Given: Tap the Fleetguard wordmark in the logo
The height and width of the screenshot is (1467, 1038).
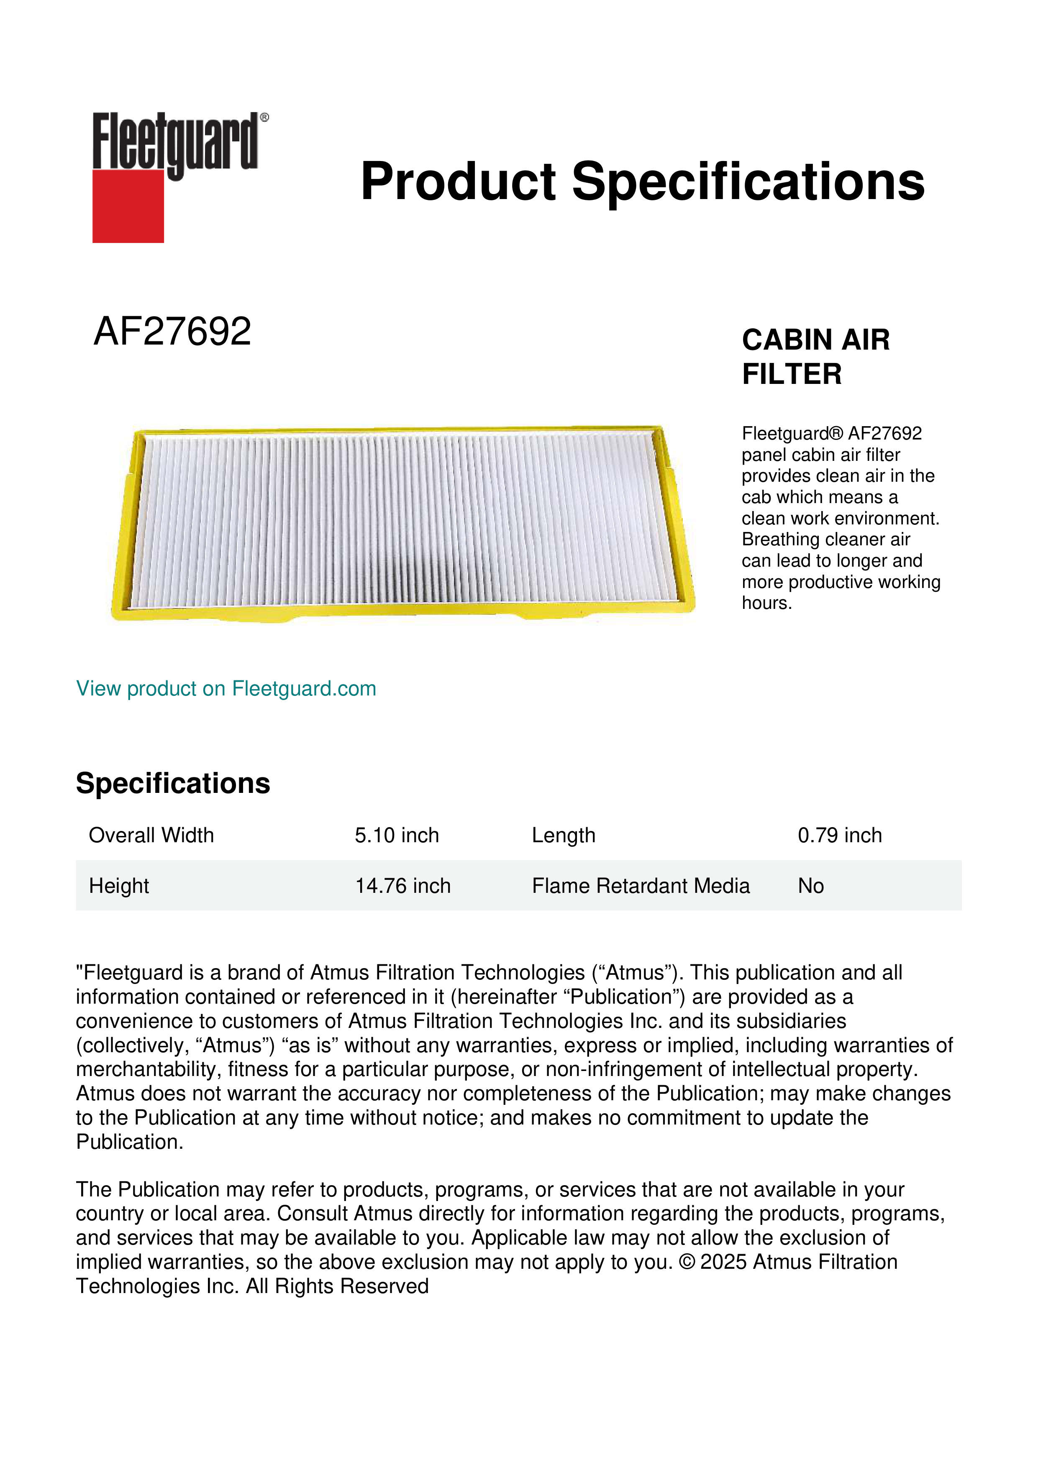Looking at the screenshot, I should tap(176, 142).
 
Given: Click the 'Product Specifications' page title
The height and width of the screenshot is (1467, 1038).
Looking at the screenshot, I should tap(642, 181).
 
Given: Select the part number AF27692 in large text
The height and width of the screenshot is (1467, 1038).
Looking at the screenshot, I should tap(172, 332).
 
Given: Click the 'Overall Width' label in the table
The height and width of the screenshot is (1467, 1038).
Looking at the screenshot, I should tap(151, 835).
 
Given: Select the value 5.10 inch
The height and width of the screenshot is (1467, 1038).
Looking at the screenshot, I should tap(397, 835).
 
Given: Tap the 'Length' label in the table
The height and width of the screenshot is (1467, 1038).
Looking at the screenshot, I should tap(563, 835).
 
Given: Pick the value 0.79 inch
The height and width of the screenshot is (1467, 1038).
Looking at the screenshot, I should tap(839, 835).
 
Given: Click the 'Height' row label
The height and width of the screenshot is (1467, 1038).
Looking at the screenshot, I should tap(119, 886).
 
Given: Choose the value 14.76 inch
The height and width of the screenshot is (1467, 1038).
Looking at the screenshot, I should tap(402, 886).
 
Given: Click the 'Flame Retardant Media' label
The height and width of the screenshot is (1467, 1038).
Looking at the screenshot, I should tap(641, 886).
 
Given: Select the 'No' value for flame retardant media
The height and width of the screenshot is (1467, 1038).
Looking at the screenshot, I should tap(810, 886).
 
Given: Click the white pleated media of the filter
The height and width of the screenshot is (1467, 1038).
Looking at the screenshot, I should tap(402, 521).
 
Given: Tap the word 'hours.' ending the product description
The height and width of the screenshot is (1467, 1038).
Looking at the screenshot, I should tap(766, 603).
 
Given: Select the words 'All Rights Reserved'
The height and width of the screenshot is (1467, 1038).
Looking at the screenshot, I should tap(338, 1286).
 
